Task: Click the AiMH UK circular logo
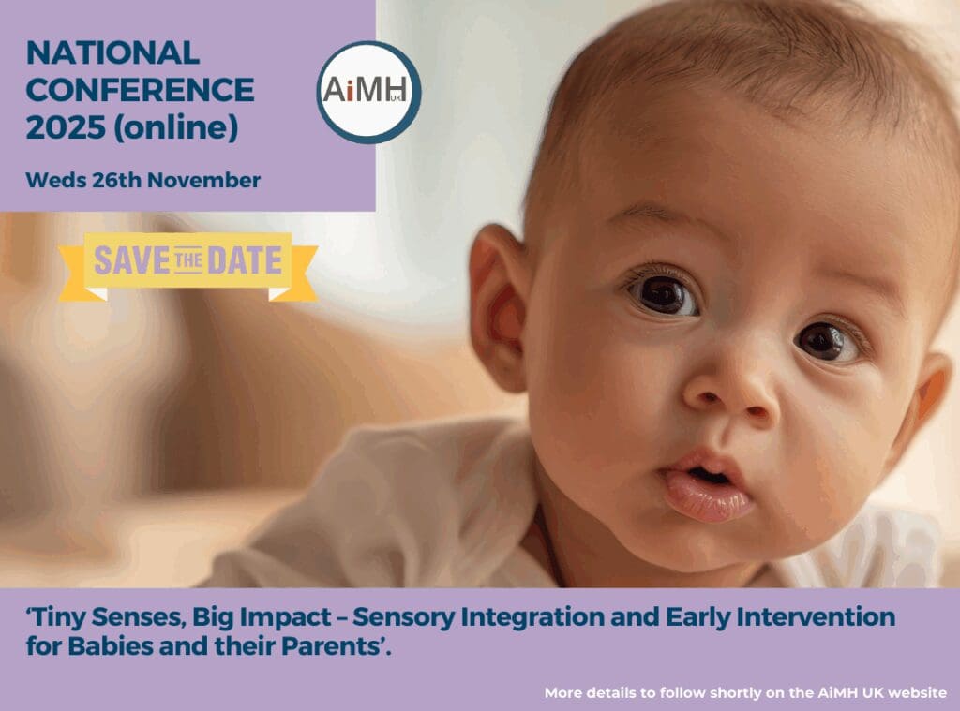pyautogui.click(x=368, y=93)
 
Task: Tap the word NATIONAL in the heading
pyautogui.click(x=112, y=52)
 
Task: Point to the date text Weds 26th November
pyautogui.click(x=143, y=181)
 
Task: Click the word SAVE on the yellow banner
pyautogui.click(x=131, y=260)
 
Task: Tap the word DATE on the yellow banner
pyautogui.click(x=245, y=260)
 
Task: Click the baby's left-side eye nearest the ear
pyautogui.click(x=663, y=294)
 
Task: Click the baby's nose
pyautogui.click(x=731, y=391)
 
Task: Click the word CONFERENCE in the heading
pyautogui.click(x=140, y=90)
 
